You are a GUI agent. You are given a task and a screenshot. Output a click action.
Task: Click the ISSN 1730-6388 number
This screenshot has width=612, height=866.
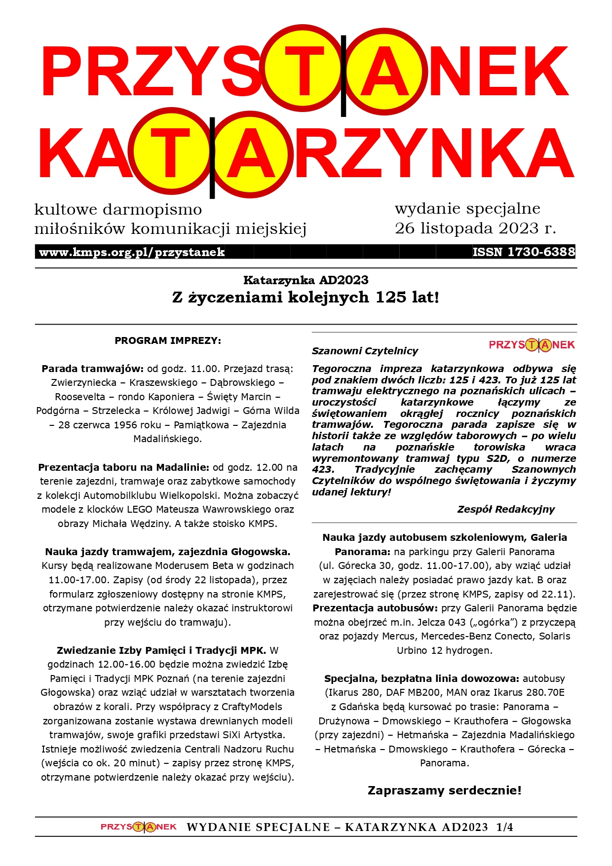pos(524,252)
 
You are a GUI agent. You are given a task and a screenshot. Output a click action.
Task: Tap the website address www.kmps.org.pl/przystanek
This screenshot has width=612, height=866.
pos(132,253)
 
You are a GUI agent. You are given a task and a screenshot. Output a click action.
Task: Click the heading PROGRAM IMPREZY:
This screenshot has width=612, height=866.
pos(168,340)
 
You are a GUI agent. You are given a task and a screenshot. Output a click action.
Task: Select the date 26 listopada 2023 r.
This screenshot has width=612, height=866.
pos(475,228)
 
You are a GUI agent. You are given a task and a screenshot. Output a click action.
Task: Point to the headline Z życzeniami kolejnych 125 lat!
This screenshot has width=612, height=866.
pos(306,298)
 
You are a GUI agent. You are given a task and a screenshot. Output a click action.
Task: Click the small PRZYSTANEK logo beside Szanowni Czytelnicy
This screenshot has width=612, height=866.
pos(532,345)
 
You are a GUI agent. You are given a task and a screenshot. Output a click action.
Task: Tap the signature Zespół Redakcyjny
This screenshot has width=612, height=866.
pos(506,509)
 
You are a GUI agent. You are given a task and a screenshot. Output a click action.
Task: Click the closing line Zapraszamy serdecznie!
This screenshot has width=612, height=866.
pos(444,791)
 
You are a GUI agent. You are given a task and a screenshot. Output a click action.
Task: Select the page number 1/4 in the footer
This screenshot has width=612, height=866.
pos(504,828)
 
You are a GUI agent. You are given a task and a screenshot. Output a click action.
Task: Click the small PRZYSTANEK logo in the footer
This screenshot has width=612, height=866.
pos(139,827)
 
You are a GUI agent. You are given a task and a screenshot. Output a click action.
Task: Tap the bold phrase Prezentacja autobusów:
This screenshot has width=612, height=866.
pos(375,608)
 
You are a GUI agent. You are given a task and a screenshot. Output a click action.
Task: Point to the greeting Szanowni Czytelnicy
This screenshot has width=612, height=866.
pos(365,351)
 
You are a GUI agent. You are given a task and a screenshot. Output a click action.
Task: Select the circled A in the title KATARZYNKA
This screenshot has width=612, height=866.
pos(251,154)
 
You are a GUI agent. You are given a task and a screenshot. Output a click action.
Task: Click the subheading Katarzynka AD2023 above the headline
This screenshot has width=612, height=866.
pos(306,280)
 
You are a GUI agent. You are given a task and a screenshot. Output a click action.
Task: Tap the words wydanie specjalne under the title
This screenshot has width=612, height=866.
pos(467,209)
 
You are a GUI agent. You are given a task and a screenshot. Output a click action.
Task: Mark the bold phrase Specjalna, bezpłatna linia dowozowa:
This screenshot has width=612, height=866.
pos(421,678)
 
